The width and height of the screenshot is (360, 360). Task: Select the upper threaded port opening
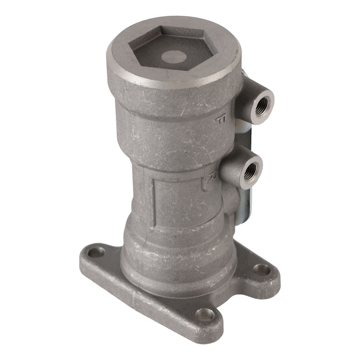pyautogui.click(x=262, y=104)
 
